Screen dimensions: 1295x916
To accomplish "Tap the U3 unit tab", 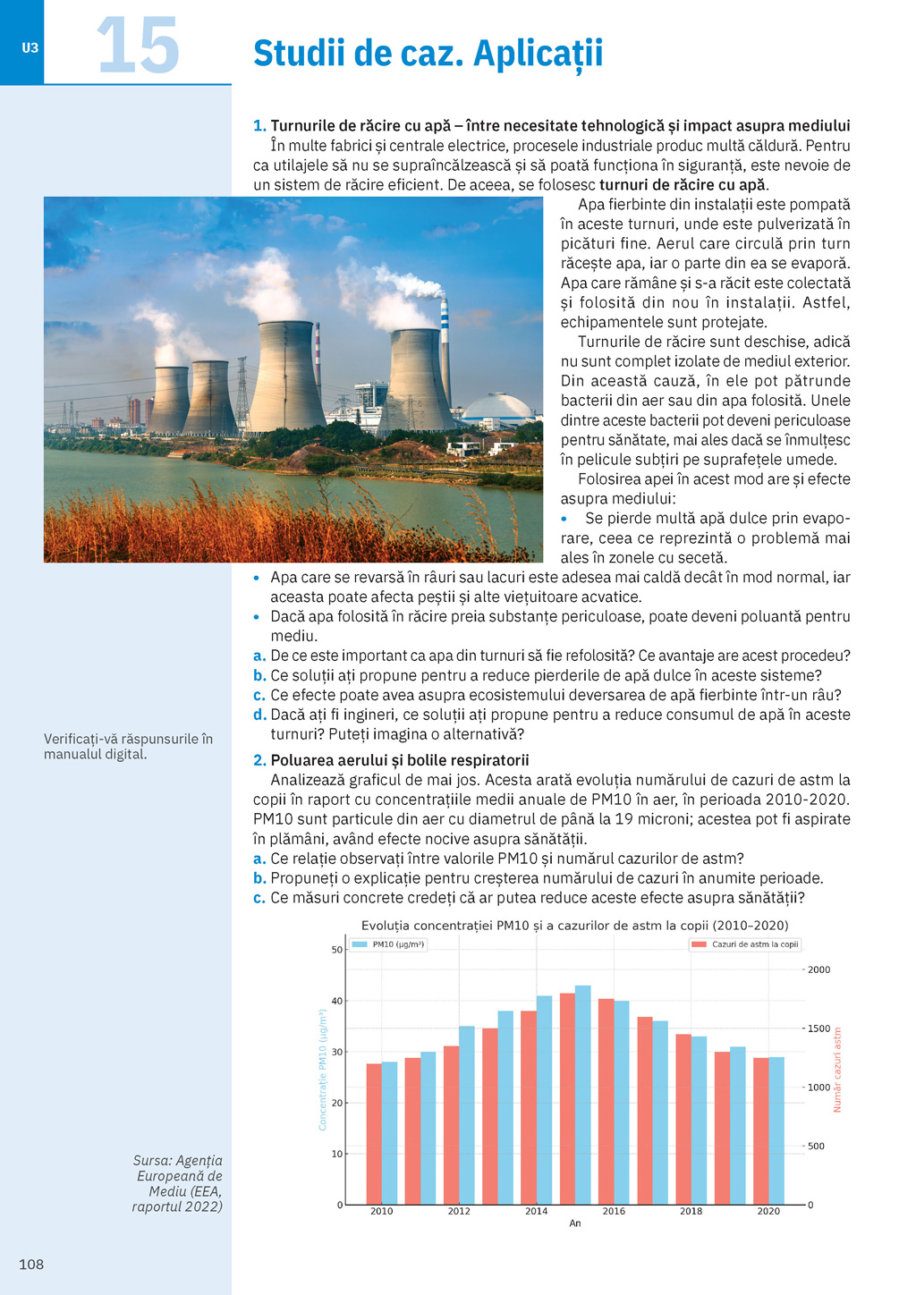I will point(30,48).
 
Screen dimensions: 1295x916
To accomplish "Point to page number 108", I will point(31,1264).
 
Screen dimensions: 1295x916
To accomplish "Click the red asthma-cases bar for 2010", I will point(374,1133).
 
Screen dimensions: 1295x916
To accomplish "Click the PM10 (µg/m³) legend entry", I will point(388,944).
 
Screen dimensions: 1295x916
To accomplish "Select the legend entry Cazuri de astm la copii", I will point(744,944).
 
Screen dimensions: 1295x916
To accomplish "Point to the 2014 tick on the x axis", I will point(537,1211).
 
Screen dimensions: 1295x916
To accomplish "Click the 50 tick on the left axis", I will point(337,950).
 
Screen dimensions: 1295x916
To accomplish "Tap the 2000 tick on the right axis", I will point(819,969).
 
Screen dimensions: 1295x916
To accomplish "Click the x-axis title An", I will point(575,1223).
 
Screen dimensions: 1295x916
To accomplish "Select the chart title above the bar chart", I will point(574,926).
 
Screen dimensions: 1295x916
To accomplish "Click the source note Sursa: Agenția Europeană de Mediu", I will point(177,1183).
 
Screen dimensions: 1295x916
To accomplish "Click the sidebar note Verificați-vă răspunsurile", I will point(128,746).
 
